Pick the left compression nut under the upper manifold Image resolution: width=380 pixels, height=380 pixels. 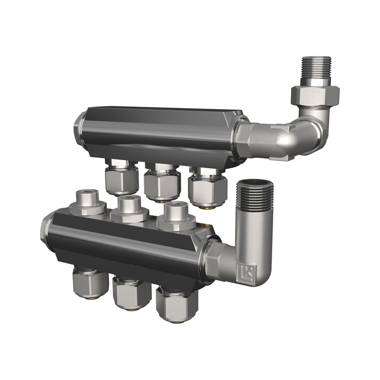pyautogui.click(x=118, y=180)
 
